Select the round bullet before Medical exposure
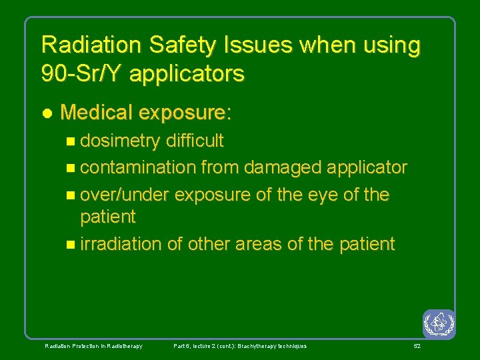tap(46, 113)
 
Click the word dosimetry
tap(120, 141)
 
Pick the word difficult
tap(195, 141)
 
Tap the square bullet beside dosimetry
tap(72, 141)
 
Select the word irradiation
tap(121, 244)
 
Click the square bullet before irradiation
tap(72, 245)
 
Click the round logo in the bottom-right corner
tap(438, 323)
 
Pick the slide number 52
tap(417, 346)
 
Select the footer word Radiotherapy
tap(124, 346)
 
